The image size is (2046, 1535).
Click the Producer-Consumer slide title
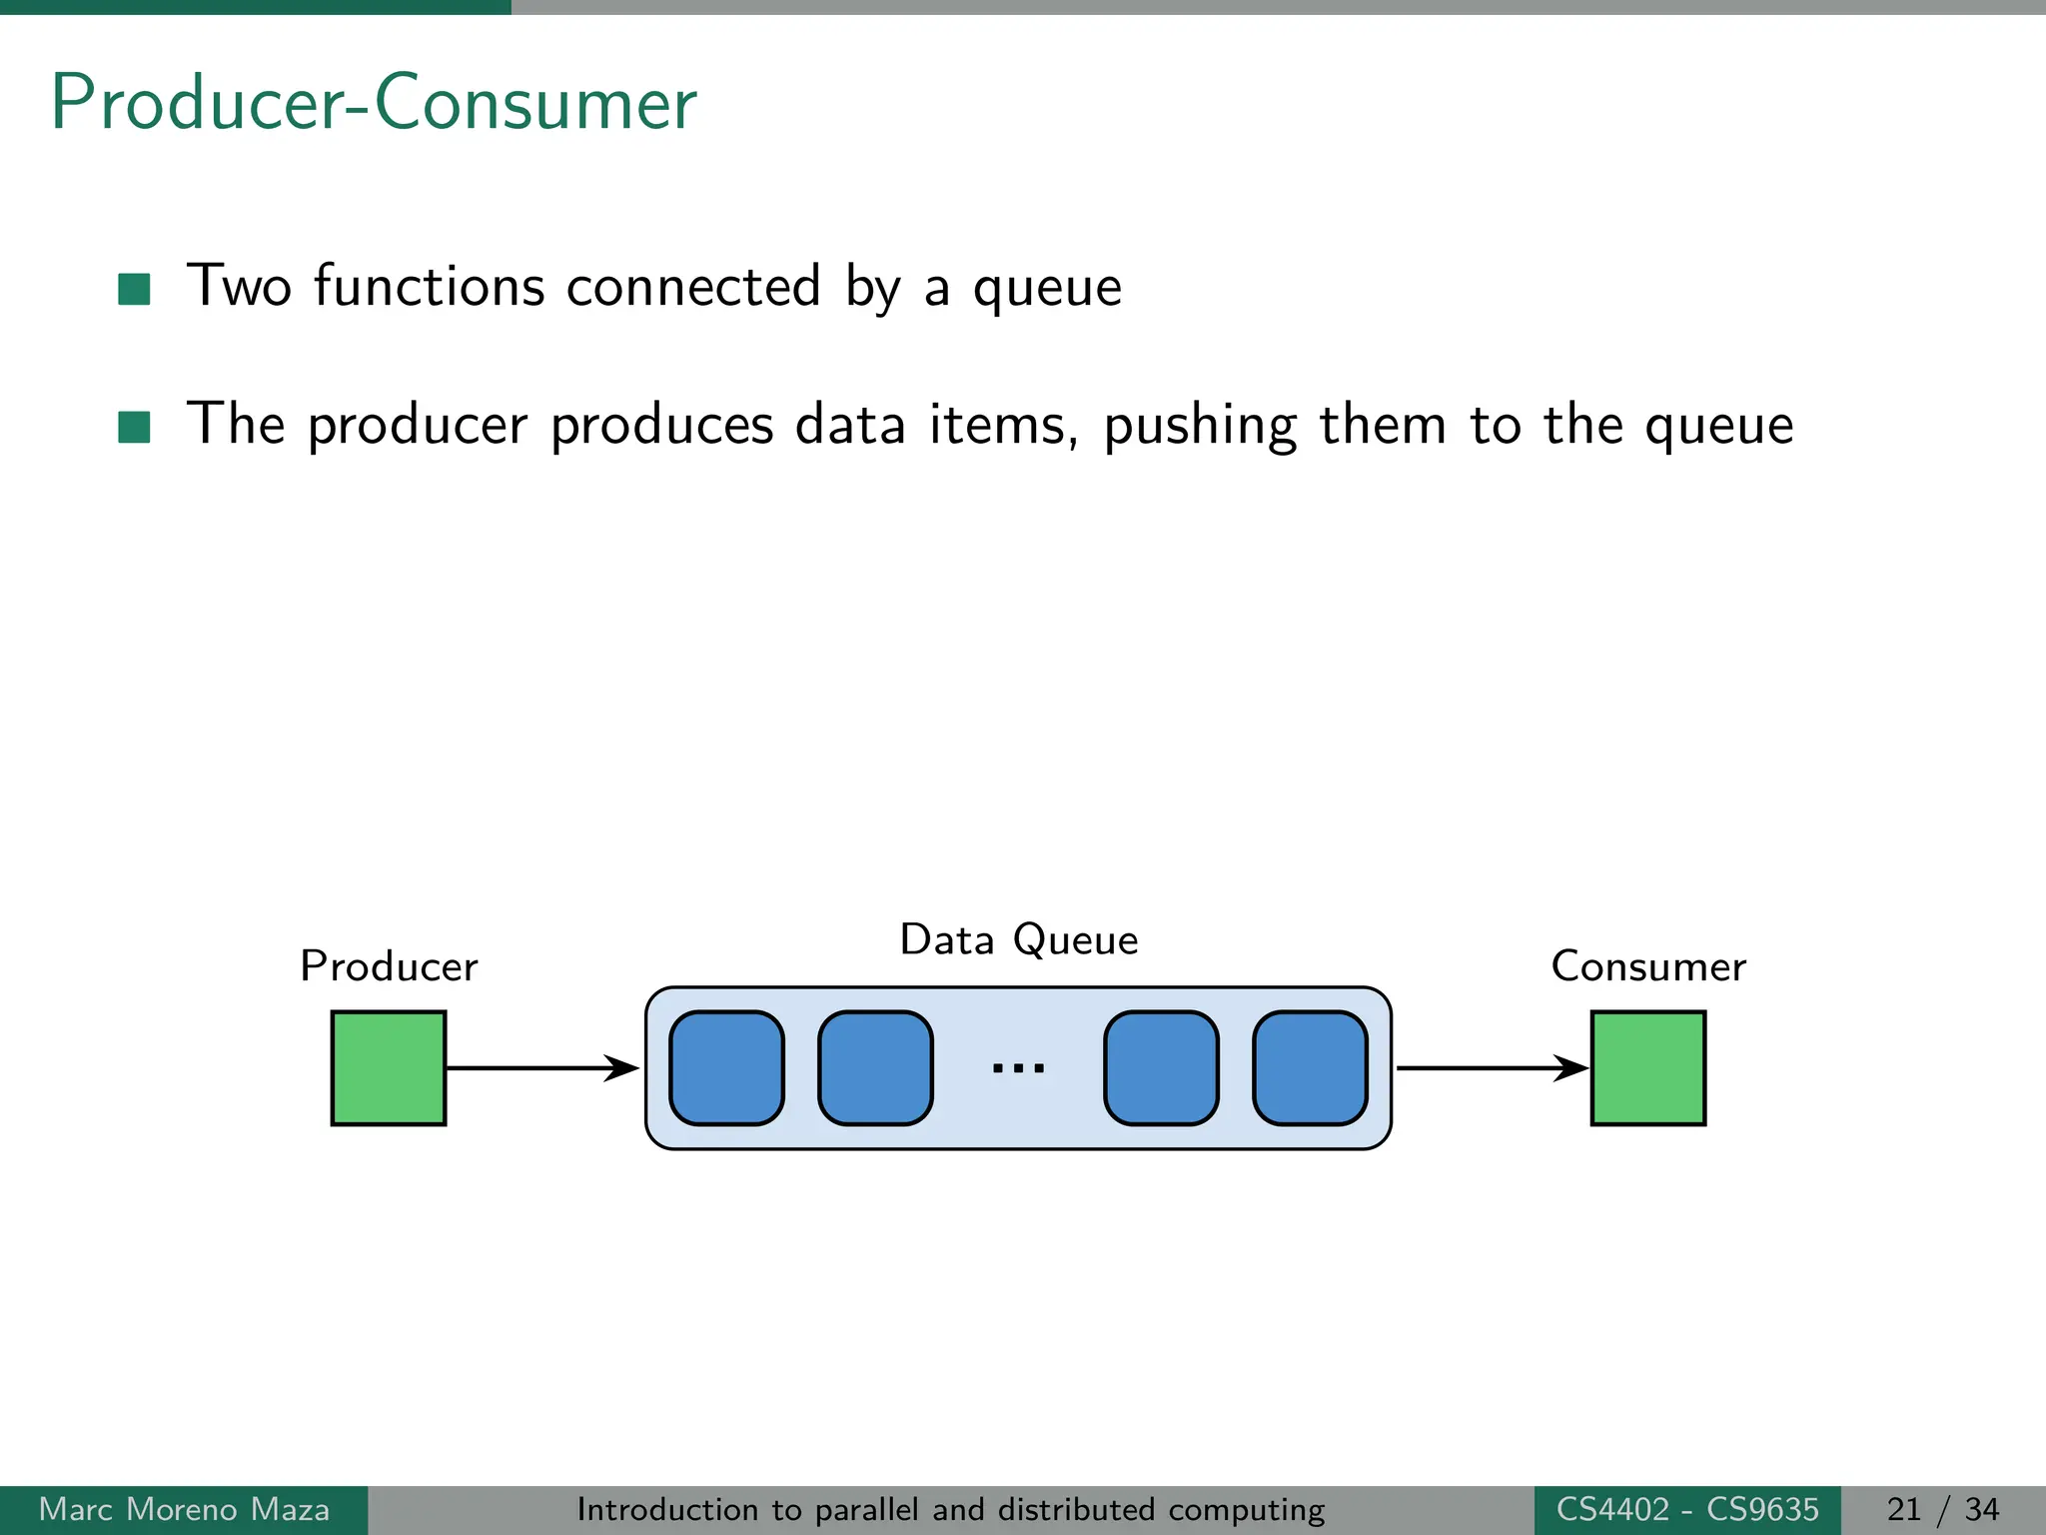click(x=374, y=103)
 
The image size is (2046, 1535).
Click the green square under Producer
click(x=389, y=1068)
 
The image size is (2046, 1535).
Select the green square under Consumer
click(x=1647, y=1068)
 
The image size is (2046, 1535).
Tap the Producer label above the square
click(x=389, y=966)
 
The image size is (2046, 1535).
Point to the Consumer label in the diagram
click(x=1647, y=966)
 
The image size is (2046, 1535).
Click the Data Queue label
click(x=1018, y=939)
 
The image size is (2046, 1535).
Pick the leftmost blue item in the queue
click(x=726, y=1068)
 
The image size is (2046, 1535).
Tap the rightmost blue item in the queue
click(x=1310, y=1068)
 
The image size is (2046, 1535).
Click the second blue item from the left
click(x=875, y=1068)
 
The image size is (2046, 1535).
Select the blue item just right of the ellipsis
click(x=1161, y=1068)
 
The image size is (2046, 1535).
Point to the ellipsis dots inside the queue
click(x=1018, y=1068)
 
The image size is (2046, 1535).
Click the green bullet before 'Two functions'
click(x=134, y=289)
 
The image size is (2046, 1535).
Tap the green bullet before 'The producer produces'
click(x=134, y=427)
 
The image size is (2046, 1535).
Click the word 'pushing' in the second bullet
click(x=1200, y=426)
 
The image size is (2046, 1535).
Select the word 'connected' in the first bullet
click(x=693, y=287)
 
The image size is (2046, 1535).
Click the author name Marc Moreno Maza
click(x=184, y=1509)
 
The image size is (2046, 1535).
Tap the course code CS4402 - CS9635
click(x=1687, y=1509)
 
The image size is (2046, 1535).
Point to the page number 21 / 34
click(x=1942, y=1509)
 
